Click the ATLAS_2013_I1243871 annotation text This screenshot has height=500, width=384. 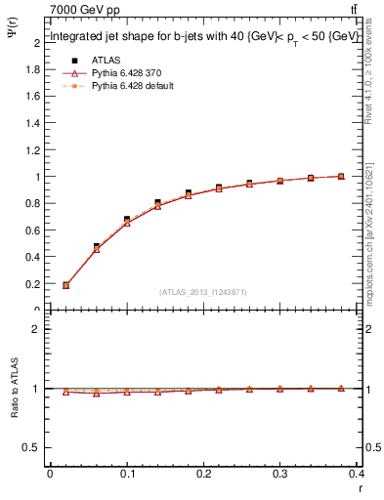click(201, 292)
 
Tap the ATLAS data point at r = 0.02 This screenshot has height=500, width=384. click(65, 285)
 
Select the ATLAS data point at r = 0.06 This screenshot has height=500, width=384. click(96, 246)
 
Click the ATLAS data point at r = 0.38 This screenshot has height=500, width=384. click(341, 177)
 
